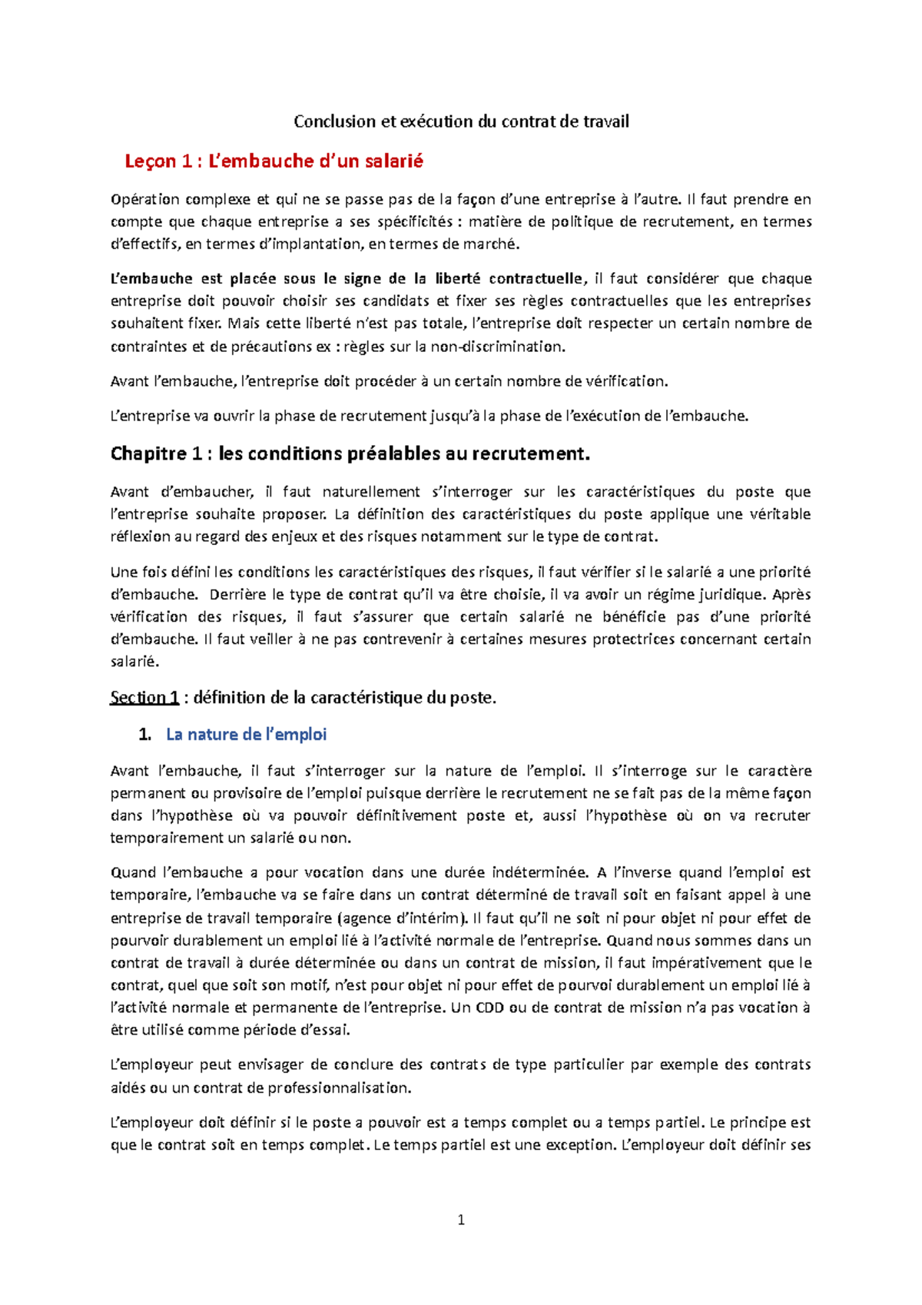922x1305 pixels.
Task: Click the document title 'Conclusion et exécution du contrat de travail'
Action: (x=461, y=121)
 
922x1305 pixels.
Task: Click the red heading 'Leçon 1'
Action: (x=158, y=161)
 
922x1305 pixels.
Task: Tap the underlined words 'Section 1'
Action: (x=144, y=698)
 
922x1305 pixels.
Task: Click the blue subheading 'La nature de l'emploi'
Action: (x=246, y=735)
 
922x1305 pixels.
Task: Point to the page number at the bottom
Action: (x=461, y=1220)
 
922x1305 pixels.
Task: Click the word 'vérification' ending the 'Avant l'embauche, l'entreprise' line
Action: (x=629, y=381)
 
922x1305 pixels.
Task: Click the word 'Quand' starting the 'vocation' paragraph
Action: (x=132, y=873)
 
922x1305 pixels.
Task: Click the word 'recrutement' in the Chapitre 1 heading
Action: (x=530, y=453)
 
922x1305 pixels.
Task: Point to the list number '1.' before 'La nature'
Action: (x=145, y=735)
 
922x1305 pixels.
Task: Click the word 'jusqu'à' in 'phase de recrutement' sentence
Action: (x=456, y=417)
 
